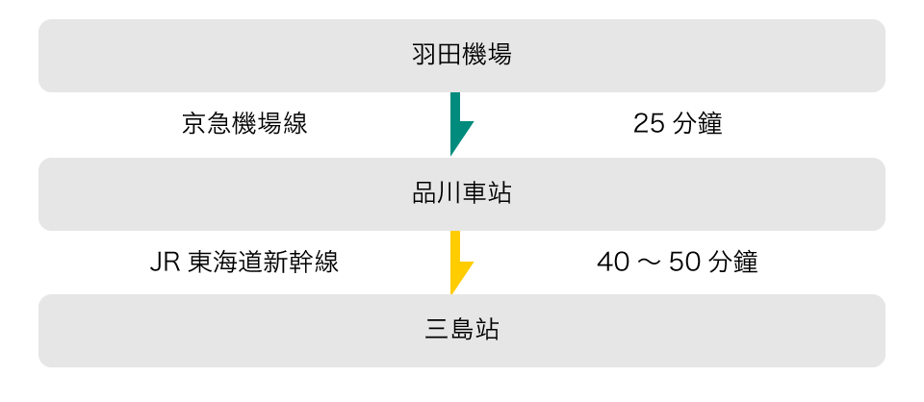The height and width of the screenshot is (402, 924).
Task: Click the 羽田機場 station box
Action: pyautogui.click(x=462, y=56)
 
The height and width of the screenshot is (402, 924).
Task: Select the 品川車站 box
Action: pyautogui.click(x=462, y=194)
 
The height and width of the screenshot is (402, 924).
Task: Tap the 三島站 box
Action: pyautogui.click(x=462, y=331)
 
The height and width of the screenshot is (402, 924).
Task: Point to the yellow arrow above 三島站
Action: pyautogui.click(x=458, y=263)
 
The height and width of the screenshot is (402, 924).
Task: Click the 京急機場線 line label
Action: pyautogui.click(x=244, y=124)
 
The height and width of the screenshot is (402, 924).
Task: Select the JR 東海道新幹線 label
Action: pyautogui.click(x=244, y=263)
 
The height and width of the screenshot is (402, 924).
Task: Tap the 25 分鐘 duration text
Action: pyautogui.click(x=678, y=124)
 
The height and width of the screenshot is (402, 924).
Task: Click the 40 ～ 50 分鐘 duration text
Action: pyautogui.click(x=678, y=263)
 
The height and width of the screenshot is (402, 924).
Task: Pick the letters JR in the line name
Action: pyautogui.click(x=164, y=263)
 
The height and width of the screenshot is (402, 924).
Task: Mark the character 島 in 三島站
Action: pyautogui.click(x=462, y=331)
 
